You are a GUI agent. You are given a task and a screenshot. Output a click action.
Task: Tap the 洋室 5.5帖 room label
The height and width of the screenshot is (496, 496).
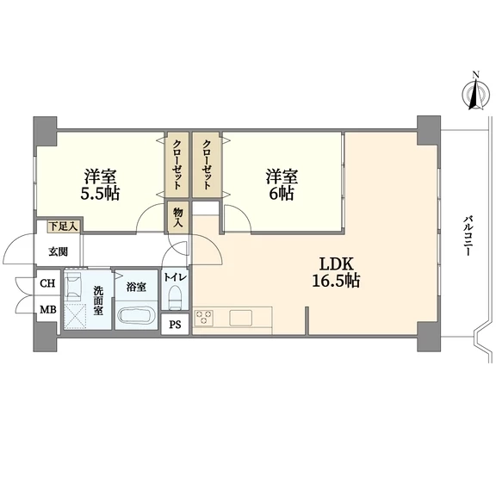(100, 185)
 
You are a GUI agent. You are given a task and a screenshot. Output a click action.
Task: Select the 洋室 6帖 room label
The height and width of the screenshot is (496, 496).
(282, 185)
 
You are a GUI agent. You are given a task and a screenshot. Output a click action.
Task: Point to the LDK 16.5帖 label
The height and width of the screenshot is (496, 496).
(336, 272)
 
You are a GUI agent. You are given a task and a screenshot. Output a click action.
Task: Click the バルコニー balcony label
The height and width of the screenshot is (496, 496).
(468, 236)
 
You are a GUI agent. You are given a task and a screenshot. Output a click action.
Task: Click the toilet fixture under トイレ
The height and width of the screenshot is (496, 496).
(175, 297)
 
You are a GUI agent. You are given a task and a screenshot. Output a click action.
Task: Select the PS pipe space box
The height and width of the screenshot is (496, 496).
(175, 325)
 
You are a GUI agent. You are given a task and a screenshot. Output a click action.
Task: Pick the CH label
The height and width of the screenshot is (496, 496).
(47, 283)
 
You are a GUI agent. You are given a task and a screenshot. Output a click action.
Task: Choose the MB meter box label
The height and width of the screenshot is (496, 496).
(47, 309)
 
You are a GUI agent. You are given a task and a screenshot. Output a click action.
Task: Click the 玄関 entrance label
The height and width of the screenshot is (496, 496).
(59, 252)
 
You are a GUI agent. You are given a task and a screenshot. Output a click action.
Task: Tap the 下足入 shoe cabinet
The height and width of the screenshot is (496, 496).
(63, 226)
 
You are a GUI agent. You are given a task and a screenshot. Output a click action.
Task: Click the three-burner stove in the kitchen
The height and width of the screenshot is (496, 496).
(204, 318)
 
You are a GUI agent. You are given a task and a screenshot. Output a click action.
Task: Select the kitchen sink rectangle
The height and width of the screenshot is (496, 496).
(241, 318)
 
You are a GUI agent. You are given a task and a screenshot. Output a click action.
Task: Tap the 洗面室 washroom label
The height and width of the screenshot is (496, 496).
(98, 301)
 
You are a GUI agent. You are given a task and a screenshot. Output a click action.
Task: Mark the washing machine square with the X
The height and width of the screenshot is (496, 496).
(75, 316)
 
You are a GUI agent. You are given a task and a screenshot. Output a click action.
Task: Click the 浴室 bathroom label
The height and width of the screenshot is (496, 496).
(136, 287)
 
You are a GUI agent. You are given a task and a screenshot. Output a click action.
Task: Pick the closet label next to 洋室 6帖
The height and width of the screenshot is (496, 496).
(207, 164)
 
